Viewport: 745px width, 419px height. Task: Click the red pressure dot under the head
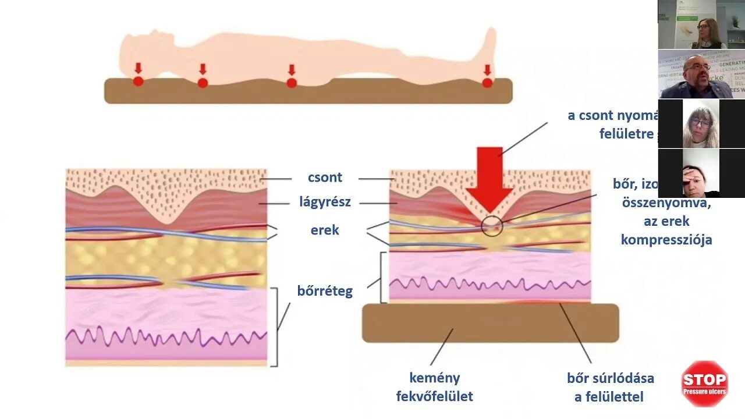tap(138, 81)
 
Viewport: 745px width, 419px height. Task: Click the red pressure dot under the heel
tap(487, 83)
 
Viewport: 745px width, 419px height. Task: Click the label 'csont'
tap(325, 177)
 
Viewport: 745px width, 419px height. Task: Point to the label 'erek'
tap(325, 230)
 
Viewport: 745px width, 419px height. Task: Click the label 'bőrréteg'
tap(325, 290)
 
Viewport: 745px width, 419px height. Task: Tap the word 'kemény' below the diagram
tap(434, 378)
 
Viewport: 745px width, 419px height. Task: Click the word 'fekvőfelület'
tap(434, 396)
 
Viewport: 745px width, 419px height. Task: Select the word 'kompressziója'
tap(666, 240)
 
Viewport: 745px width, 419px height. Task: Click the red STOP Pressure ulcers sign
tap(704, 384)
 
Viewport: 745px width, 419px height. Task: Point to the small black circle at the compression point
tap(492, 226)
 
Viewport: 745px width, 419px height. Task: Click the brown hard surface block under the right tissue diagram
tap(490, 323)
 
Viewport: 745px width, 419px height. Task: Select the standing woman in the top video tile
tap(708, 33)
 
